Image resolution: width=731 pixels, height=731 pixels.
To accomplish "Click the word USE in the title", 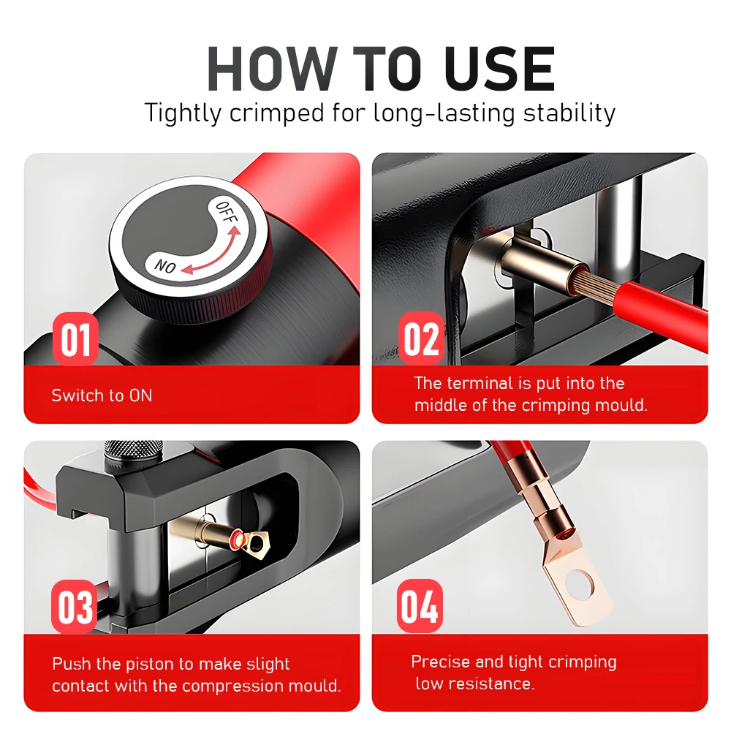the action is (x=500, y=69).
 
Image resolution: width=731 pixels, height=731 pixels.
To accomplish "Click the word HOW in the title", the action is (x=272, y=69).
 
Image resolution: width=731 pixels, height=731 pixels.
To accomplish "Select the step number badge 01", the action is (x=75, y=339).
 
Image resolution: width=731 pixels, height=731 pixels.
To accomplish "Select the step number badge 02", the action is (x=421, y=339).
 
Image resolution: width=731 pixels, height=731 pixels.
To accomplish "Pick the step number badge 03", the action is (x=75, y=606).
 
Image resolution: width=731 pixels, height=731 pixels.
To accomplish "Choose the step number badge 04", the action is (x=420, y=605).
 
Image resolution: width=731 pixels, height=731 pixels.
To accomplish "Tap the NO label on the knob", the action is (x=165, y=266).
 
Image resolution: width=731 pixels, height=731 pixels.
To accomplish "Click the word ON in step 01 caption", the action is (x=141, y=395).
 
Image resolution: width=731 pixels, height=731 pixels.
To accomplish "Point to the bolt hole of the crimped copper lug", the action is (x=580, y=584).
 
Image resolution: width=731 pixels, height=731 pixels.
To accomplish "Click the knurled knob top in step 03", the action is (x=134, y=450).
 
